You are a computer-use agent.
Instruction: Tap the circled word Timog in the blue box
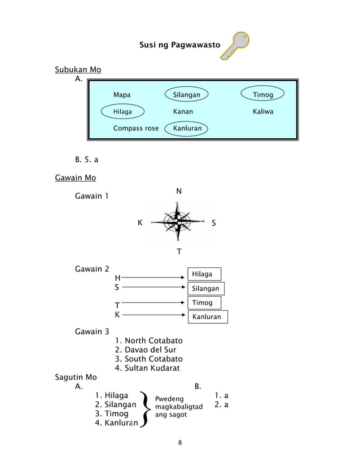(263, 95)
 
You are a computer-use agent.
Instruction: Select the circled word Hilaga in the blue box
(122, 112)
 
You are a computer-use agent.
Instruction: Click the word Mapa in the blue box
(122, 95)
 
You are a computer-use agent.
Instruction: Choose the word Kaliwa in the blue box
(263, 112)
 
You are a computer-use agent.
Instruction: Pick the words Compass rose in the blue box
(136, 129)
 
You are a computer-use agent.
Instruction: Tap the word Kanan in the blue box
(183, 112)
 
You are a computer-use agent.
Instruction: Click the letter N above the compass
(179, 192)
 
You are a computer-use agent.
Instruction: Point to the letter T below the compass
(179, 252)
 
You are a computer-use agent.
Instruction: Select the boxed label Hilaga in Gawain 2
(203, 274)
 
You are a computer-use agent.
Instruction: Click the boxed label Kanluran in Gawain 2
(208, 317)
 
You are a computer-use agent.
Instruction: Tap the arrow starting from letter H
(153, 278)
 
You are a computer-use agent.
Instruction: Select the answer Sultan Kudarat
(147, 368)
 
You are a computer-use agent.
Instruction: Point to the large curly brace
(145, 408)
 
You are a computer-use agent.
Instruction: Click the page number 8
(179, 442)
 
